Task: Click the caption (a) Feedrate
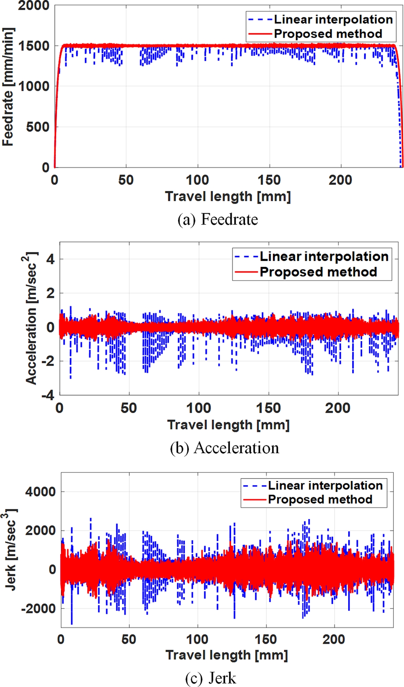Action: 218,219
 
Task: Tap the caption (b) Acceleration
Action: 224,448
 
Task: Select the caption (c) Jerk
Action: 210,677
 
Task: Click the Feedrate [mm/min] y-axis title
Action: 8,87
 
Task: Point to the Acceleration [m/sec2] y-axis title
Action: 31,318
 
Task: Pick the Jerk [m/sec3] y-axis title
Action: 11,550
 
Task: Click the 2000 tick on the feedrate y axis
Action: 34,6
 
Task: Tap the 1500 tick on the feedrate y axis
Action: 34,46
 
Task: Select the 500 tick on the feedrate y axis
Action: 37,127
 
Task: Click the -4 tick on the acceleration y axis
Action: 48,396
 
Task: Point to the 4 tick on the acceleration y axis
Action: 51,259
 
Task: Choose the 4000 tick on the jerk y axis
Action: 40,492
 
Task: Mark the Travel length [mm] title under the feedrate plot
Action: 228,196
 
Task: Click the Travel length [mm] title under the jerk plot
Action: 227,655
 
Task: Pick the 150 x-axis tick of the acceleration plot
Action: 269,408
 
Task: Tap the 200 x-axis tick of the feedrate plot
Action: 341,180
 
